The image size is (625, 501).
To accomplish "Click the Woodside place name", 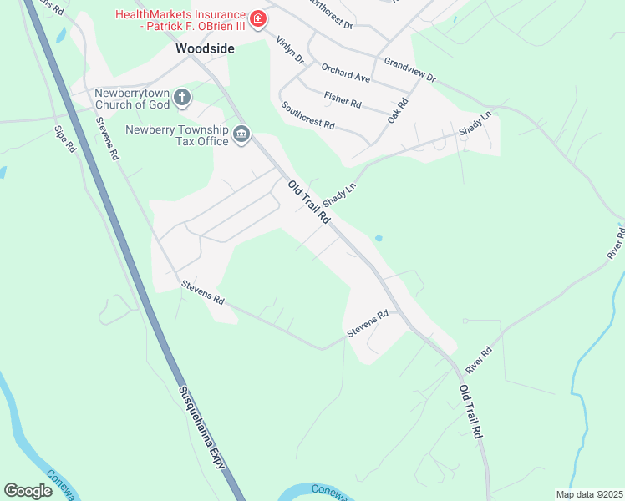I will click(x=205, y=49).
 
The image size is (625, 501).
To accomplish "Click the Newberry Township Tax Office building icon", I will click(x=242, y=134).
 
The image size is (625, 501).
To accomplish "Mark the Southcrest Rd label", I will click(x=307, y=115).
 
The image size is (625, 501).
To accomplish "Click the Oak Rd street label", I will click(x=397, y=111).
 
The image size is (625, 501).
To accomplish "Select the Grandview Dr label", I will click(x=409, y=69).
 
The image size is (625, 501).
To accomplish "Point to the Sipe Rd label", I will click(x=65, y=139).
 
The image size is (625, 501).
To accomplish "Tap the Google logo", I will click(x=28, y=491).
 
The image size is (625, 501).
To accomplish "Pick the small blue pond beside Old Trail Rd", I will click(x=379, y=239).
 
